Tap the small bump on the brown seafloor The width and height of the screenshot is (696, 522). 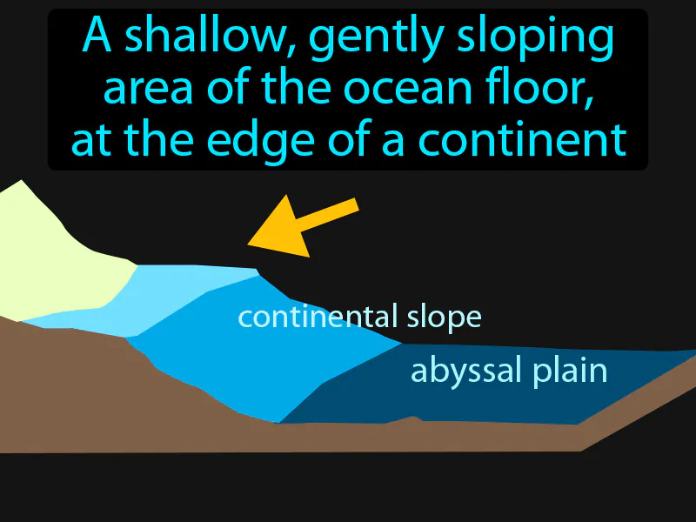coord(412,420)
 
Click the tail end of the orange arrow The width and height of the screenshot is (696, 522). coord(352,205)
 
